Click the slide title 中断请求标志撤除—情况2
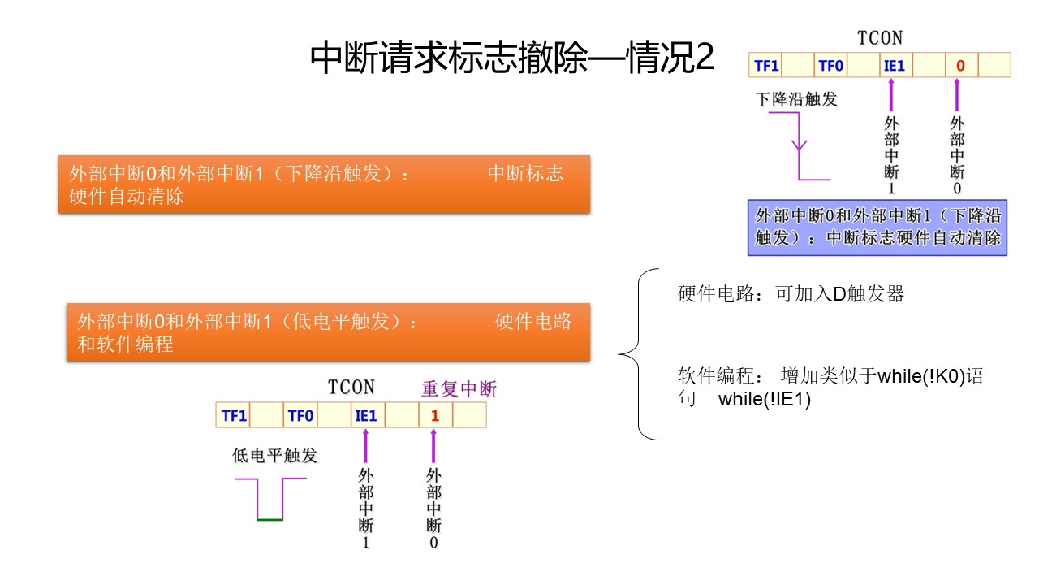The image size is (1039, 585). (512, 58)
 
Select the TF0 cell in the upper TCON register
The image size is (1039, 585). (830, 66)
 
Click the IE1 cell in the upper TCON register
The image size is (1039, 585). (894, 66)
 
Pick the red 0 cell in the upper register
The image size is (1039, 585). (960, 66)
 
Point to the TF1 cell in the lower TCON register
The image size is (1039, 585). (234, 416)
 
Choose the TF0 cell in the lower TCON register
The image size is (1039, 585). (300, 416)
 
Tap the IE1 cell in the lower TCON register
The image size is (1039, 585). (365, 416)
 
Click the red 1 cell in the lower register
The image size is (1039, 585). (435, 416)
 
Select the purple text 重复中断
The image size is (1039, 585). (459, 389)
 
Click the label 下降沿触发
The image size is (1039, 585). (795, 100)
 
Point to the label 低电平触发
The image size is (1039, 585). (274, 456)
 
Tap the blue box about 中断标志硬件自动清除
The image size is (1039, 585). (877, 227)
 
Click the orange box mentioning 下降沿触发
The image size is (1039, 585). (324, 184)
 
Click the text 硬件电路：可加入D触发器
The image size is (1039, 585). (791, 294)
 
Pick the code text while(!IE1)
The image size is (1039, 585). (765, 400)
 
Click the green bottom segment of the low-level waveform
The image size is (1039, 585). (269, 519)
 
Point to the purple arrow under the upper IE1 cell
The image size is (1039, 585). (892, 94)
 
